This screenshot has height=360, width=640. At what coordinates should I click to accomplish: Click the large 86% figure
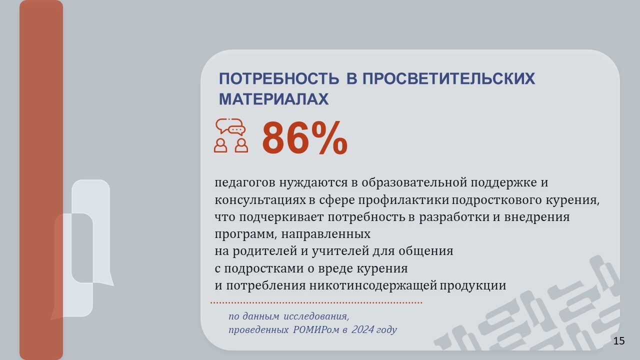[305, 138]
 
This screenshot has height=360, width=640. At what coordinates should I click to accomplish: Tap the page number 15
[619, 341]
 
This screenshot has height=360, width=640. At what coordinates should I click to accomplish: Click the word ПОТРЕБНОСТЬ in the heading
[279, 78]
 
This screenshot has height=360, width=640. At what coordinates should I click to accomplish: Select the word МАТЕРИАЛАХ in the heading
[273, 99]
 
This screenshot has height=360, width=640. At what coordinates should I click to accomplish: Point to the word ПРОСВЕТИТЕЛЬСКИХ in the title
[448, 78]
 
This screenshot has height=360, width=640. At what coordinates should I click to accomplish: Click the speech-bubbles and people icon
[231, 135]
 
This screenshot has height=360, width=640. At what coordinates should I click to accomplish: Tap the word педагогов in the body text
[245, 183]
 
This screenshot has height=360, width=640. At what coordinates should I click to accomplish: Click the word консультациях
[260, 200]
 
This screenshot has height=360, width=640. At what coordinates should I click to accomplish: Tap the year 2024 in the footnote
[362, 329]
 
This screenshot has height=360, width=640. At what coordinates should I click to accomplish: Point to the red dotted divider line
[316, 302]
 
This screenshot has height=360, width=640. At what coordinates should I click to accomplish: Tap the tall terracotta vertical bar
[41, 180]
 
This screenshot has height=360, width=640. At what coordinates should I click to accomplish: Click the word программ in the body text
[245, 234]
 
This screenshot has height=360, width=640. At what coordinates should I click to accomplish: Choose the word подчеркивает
[281, 217]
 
